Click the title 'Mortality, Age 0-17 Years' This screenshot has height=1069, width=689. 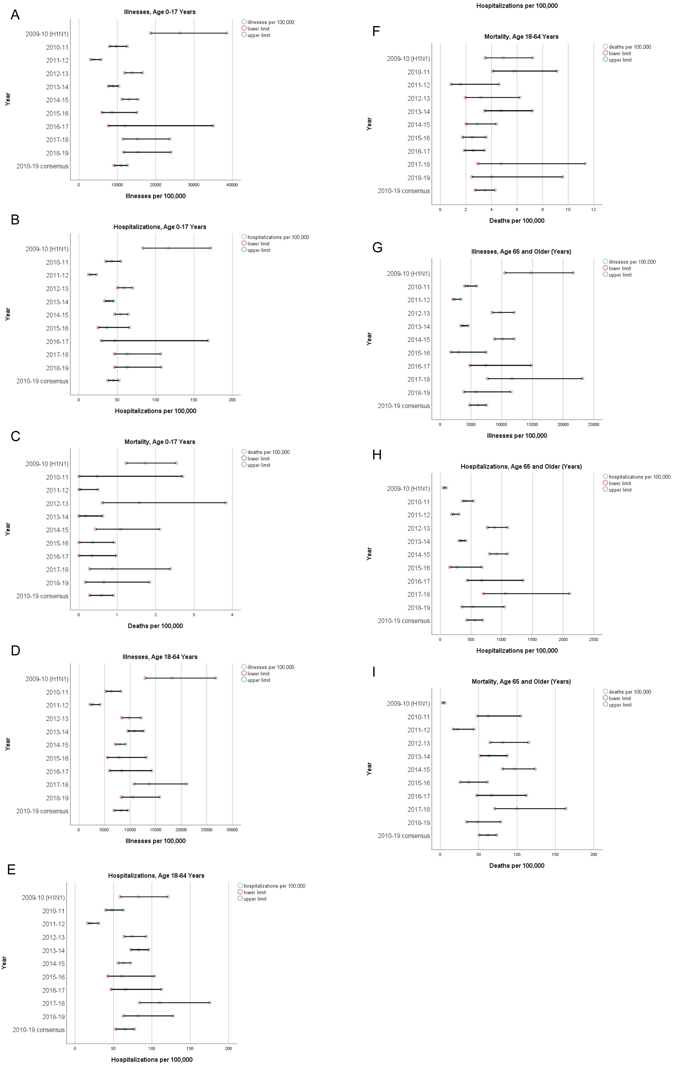[160, 442]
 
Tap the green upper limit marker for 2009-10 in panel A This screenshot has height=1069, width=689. [227, 33]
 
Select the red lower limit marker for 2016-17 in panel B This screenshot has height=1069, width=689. [101, 341]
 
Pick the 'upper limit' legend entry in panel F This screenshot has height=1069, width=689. [620, 60]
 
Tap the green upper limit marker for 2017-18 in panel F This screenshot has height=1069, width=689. [585, 164]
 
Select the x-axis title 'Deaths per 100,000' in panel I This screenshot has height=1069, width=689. [517, 866]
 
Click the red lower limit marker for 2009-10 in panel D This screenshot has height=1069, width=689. [145, 678]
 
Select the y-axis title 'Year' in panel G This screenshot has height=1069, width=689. [369, 339]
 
